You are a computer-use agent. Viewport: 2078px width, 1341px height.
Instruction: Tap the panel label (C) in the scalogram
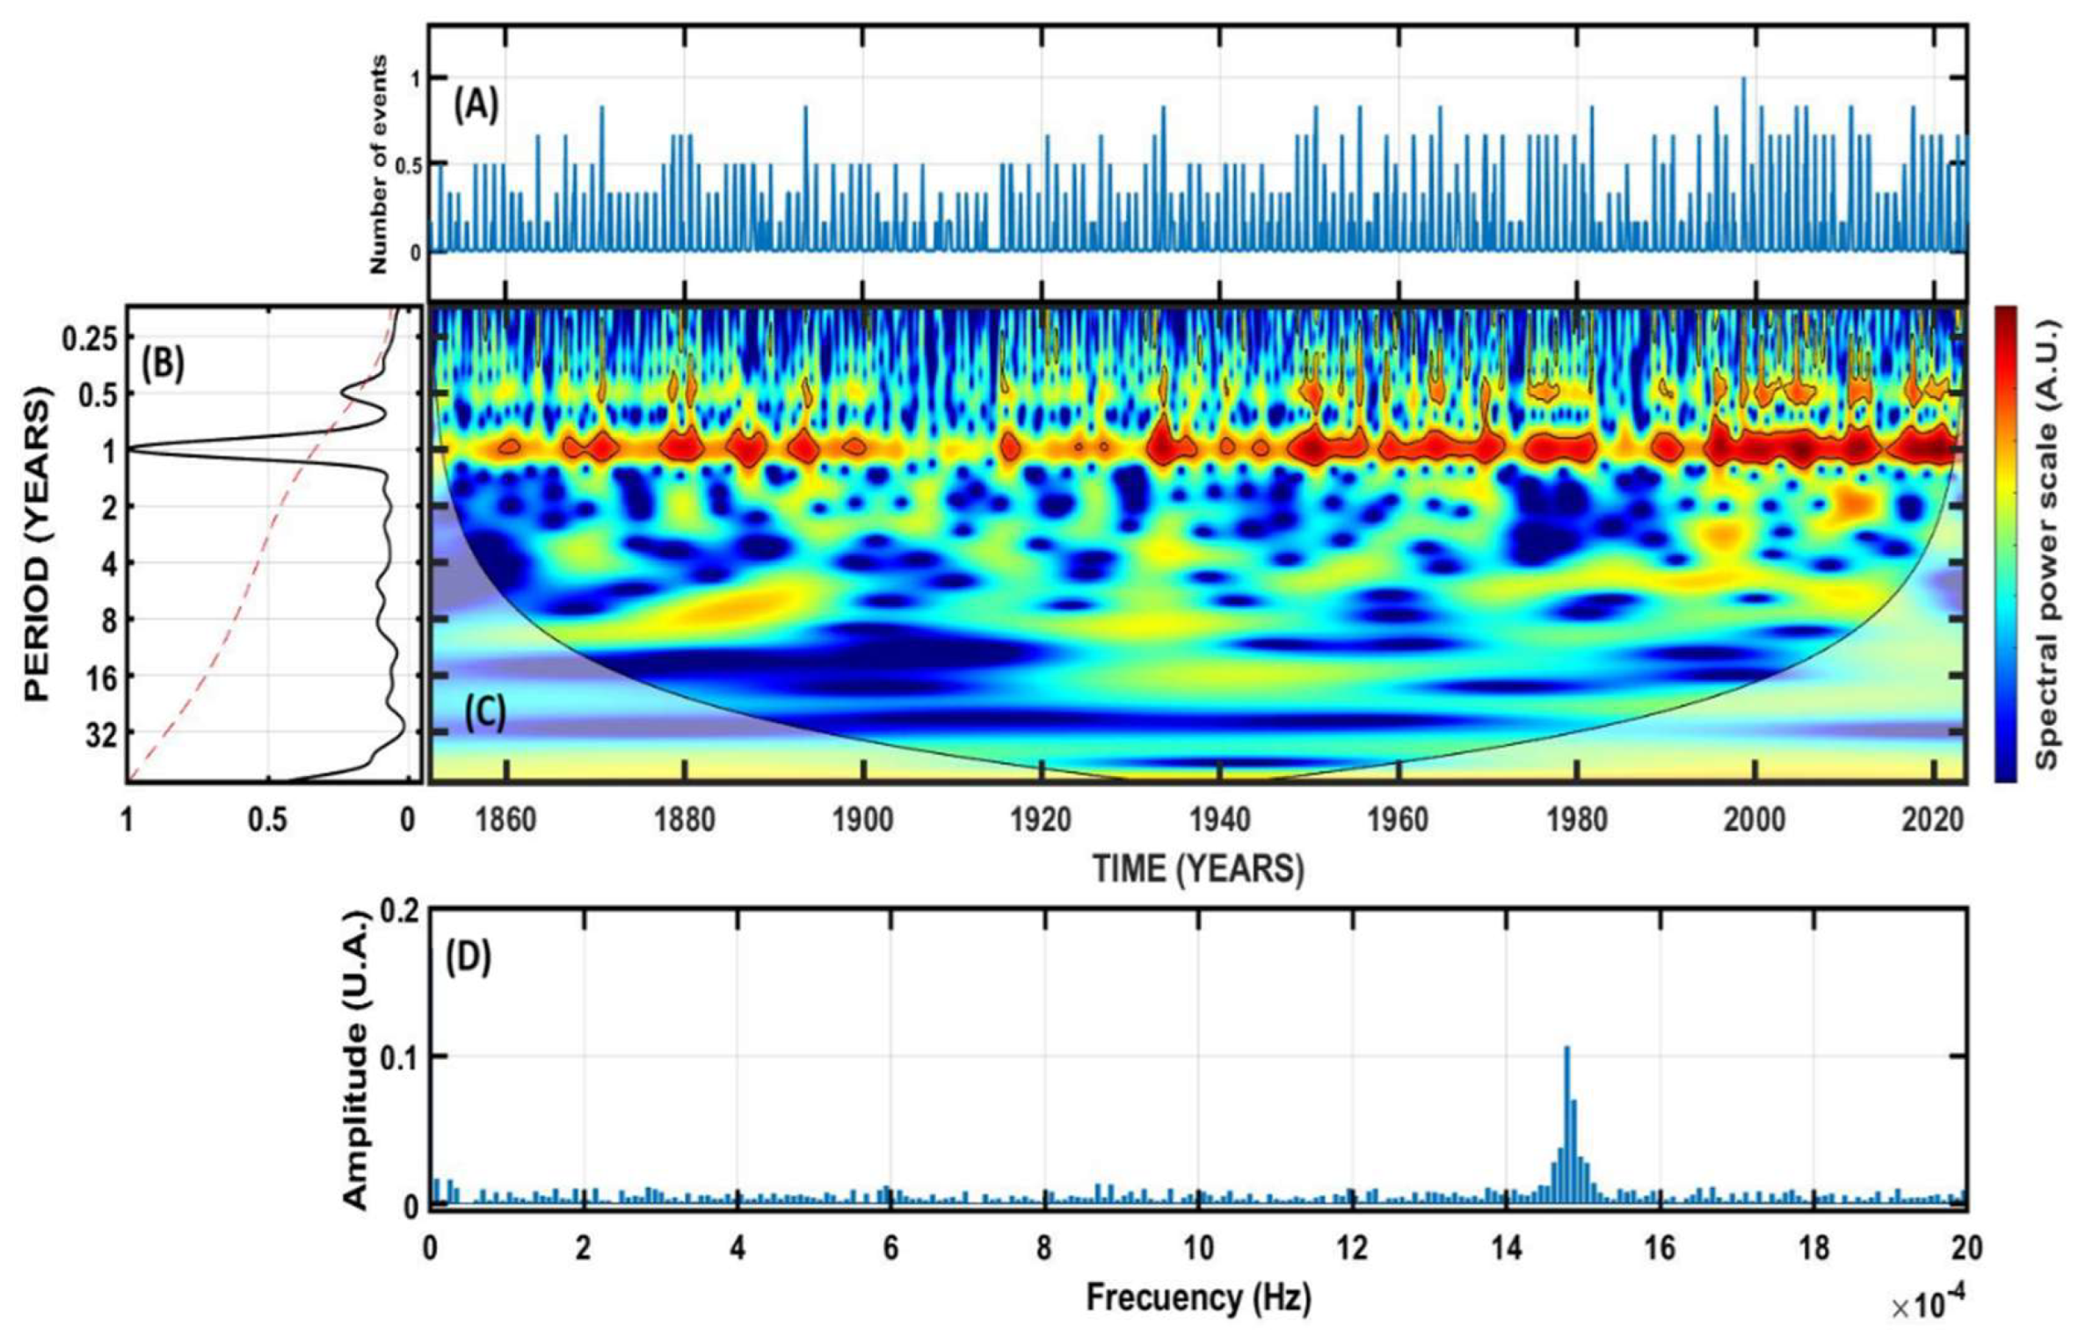pos(484,714)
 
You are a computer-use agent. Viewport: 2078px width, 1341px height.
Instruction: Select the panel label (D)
pos(468,959)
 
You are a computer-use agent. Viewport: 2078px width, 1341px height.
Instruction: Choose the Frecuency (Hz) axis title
pos(1198,1297)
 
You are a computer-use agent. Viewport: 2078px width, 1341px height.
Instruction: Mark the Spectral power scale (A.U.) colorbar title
pos(2048,544)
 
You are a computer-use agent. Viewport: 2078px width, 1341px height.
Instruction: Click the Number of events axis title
pos(379,163)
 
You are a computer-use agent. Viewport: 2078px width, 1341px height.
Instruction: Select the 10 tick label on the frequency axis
pos(1197,1249)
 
